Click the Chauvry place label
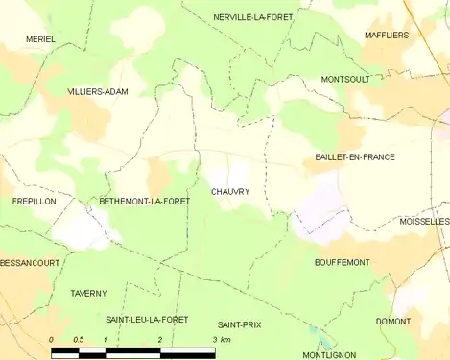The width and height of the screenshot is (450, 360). tap(230, 192)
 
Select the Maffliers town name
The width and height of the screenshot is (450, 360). tap(386, 35)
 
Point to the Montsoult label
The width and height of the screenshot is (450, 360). tap(345, 79)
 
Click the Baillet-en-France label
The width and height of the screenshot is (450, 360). tap(355, 156)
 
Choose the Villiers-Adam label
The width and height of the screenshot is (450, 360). tap(98, 91)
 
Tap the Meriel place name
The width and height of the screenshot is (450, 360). tap(40, 39)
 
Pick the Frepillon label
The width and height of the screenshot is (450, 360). tap(35, 202)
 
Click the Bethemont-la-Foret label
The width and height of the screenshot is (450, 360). tap(144, 202)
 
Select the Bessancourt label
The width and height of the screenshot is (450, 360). tap(30, 262)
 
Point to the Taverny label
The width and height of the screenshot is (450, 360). tap(88, 293)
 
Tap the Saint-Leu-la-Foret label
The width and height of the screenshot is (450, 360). tap(147, 319)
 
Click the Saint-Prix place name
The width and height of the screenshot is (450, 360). tap(239, 324)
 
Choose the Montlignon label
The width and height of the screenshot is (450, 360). tap(329, 354)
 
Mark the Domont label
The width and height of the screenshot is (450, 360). tap(393, 321)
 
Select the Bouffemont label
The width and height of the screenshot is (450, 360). tap(343, 261)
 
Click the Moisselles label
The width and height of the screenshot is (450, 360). tap(423, 221)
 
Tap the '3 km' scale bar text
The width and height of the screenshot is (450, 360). tap(222, 340)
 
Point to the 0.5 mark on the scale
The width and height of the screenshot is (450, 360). tap(79, 340)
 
